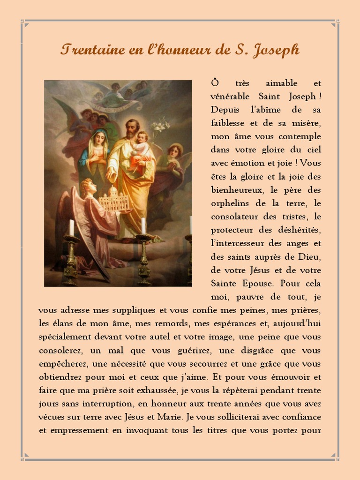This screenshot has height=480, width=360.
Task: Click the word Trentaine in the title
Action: tap(92, 50)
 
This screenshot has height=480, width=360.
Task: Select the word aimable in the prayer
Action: tap(282, 83)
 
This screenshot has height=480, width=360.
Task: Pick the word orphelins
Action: tap(232, 204)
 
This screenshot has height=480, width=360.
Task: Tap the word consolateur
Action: tap(238, 217)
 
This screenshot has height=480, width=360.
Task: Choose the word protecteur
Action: tap(232, 230)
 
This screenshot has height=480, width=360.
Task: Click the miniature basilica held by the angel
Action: tap(114, 199)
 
